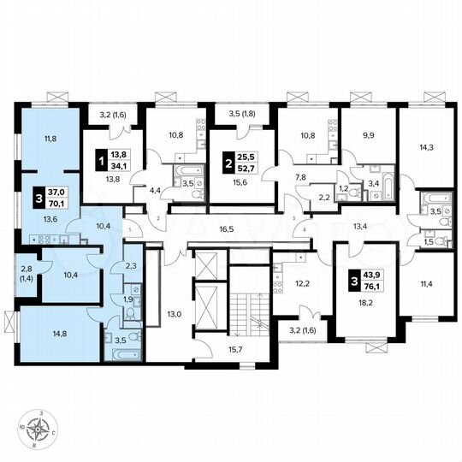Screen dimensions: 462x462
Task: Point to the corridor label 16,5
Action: (x=227, y=230)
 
